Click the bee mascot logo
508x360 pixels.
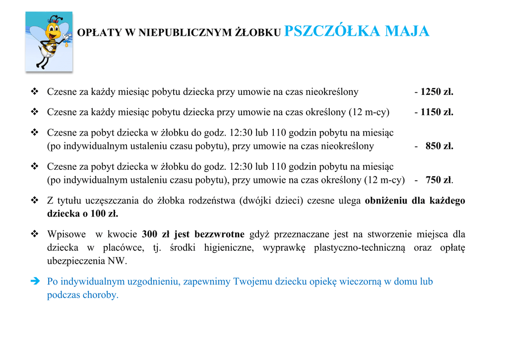click(49, 41)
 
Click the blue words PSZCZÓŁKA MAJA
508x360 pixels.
click(357, 31)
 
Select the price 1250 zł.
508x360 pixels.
click(437, 92)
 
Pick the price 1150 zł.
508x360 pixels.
click(437, 112)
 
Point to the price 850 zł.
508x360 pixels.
click(440, 146)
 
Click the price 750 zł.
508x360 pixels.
click(439, 180)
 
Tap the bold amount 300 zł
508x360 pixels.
click(155, 234)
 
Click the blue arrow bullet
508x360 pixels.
click(35, 282)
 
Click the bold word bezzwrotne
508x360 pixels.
click(219, 234)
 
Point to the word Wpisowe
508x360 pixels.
click(66, 234)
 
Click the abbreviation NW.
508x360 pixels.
click(121, 261)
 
